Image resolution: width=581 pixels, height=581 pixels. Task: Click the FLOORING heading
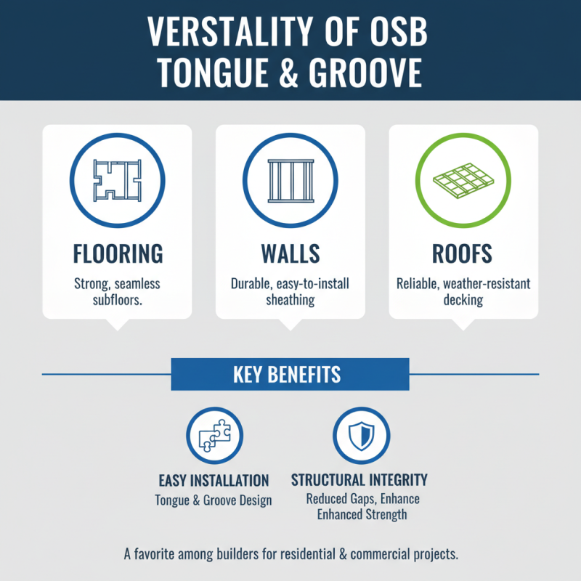[x=118, y=253]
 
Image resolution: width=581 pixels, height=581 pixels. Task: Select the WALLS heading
[x=290, y=253]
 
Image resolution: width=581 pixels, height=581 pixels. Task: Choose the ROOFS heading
[x=463, y=253]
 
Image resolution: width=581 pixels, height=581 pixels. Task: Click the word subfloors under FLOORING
[x=118, y=299]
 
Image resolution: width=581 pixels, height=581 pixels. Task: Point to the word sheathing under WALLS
[x=290, y=299]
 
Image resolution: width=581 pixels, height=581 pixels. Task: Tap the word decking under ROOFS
[x=463, y=299]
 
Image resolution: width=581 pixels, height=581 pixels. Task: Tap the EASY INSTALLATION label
[x=214, y=481]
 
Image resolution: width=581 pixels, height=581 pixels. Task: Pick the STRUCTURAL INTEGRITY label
[x=359, y=480]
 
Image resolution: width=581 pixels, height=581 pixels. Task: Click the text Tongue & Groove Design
[x=214, y=500]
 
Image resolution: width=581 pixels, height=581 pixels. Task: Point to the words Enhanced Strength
[x=362, y=515]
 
